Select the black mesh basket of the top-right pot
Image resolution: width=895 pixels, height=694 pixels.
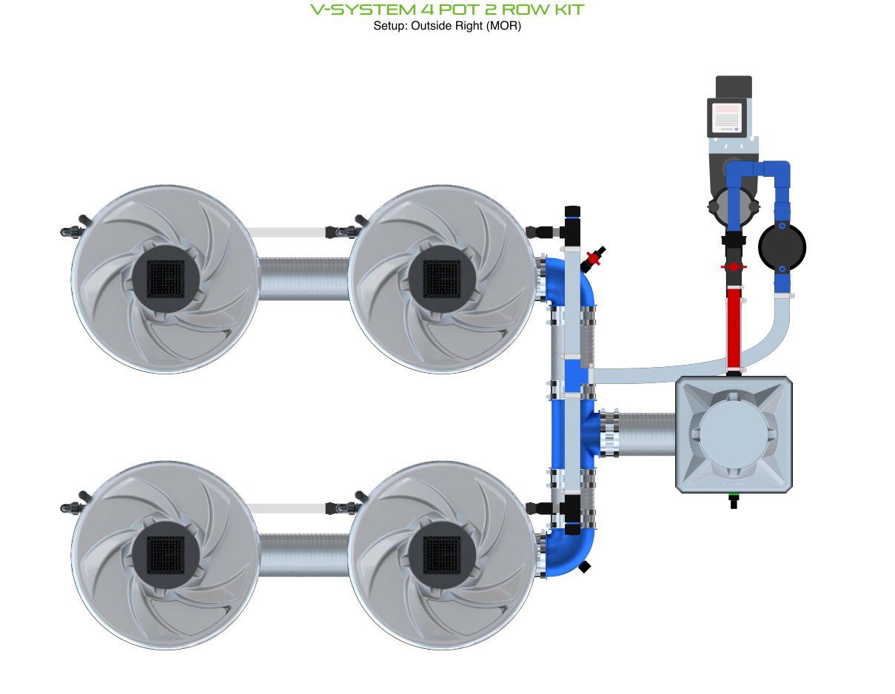tap(442, 278)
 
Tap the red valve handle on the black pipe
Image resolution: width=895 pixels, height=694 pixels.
tap(733, 266)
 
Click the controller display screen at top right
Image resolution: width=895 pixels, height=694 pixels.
tap(726, 118)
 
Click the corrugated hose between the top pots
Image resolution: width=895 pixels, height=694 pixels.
tap(304, 278)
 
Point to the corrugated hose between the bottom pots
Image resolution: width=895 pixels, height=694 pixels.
tap(304, 555)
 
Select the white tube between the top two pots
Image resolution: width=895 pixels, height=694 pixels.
tap(289, 232)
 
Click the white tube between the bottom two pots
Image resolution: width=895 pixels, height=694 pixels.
tap(289, 508)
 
